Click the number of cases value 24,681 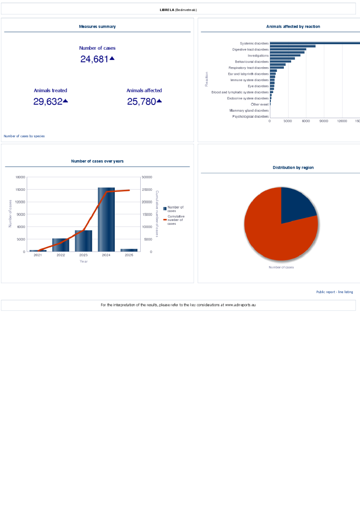(94, 59)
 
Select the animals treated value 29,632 (48, 102)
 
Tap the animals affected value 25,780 (142, 102)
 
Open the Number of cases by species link (24, 136)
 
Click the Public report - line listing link (334, 292)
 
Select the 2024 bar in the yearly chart (106, 219)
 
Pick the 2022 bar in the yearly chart (61, 245)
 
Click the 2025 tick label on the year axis (129, 255)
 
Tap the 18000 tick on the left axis (20, 177)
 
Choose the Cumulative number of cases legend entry (175, 220)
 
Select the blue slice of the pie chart (298, 206)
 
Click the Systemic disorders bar (315, 43)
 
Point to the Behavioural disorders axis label (252, 62)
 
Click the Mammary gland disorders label (249, 110)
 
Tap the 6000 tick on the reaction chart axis (306, 121)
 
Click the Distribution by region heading (293, 167)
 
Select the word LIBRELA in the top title (167, 9)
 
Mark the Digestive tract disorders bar (288, 49)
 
